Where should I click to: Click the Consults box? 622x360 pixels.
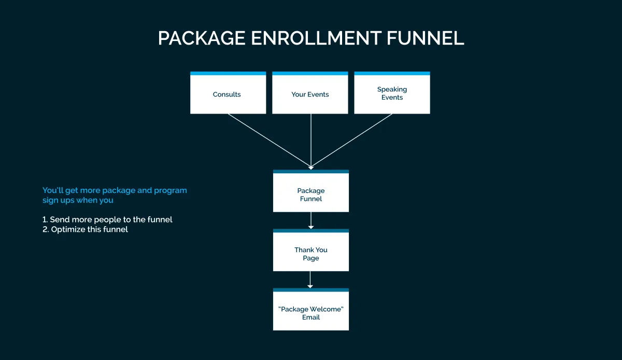(x=228, y=94)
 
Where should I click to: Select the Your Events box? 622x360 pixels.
(x=310, y=94)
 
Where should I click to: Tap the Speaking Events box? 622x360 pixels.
(x=392, y=94)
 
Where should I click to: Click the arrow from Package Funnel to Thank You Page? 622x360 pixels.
(x=311, y=220)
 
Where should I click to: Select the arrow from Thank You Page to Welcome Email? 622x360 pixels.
(x=310, y=280)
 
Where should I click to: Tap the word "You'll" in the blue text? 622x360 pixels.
(x=52, y=190)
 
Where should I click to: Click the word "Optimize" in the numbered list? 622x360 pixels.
(x=68, y=229)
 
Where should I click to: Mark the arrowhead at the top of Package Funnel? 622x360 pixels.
(x=311, y=167)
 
